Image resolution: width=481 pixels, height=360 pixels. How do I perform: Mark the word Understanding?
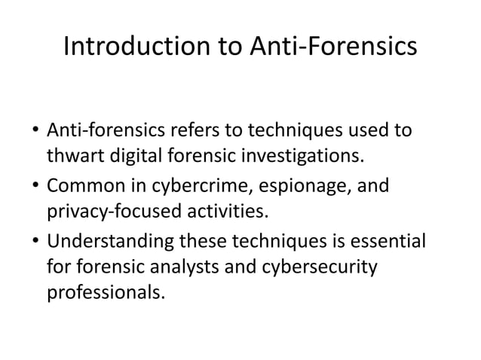(x=109, y=241)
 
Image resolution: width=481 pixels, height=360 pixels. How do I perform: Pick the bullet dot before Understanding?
(x=35, y=243)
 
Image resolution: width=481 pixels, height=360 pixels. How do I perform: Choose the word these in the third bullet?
(x=203, y=241)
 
